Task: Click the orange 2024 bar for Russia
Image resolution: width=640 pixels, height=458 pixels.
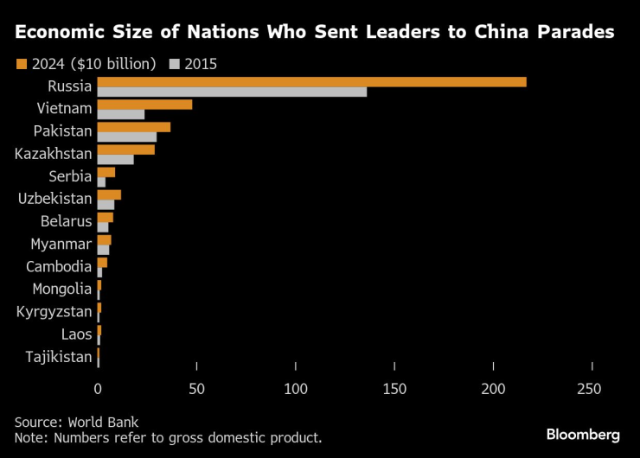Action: [311, 82]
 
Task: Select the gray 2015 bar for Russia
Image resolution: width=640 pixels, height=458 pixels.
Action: [232, 92]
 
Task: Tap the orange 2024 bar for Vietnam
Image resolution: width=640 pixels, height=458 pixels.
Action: [144, 105]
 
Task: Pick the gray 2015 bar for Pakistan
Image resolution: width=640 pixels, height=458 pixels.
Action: [127, 137]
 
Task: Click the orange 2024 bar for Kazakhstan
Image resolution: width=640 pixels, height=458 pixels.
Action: [126, 149]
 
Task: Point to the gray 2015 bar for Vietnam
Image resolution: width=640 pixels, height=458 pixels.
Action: [121, 114]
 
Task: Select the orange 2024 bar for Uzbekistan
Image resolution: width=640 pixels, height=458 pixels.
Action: [109, 194]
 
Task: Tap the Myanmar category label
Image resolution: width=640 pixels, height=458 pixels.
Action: [61, 244]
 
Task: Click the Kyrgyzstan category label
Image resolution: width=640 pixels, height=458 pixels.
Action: [54, 311]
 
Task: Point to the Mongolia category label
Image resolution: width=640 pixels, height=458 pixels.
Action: [61, 289]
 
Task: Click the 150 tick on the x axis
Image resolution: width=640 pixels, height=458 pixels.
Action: [394, 390]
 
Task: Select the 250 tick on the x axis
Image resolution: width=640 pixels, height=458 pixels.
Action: [592, 390]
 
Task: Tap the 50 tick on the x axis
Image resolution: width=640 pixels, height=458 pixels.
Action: [197, 390]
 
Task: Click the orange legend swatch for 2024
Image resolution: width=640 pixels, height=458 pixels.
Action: [22, 64]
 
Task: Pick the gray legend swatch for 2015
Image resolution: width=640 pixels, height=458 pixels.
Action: [176, 64]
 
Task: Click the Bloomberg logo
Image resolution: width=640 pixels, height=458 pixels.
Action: [583, 433]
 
